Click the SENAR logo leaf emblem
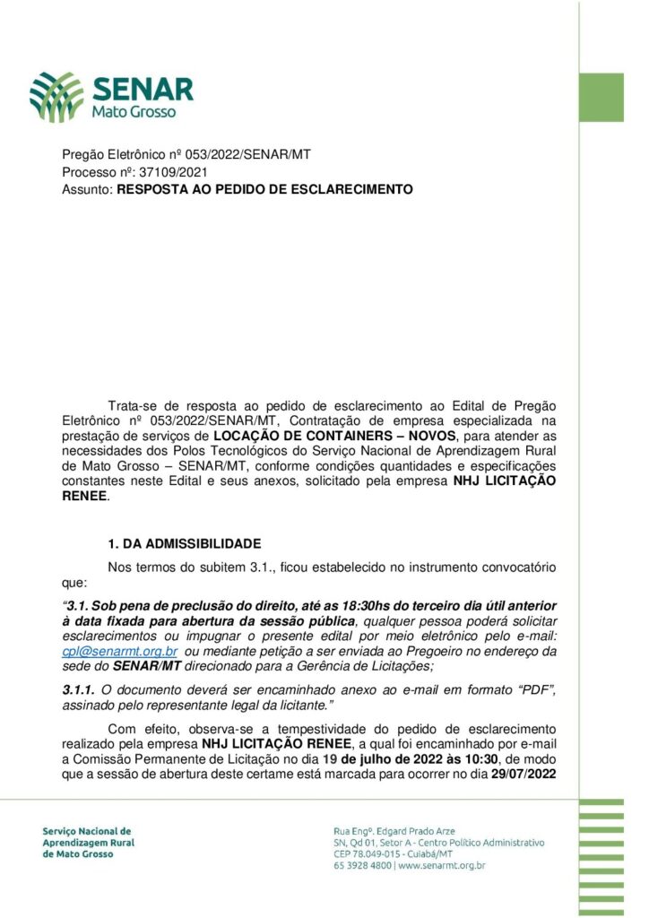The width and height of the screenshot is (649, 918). click(x=56, y=97)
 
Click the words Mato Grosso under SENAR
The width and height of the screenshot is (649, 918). click(x=134, y=112)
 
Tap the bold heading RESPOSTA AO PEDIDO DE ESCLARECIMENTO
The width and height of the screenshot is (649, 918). click(x=265, y=189)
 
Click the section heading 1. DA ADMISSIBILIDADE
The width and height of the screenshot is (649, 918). click(x=184, y=543)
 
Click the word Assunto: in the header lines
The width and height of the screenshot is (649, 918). click(x=88, y=189)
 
